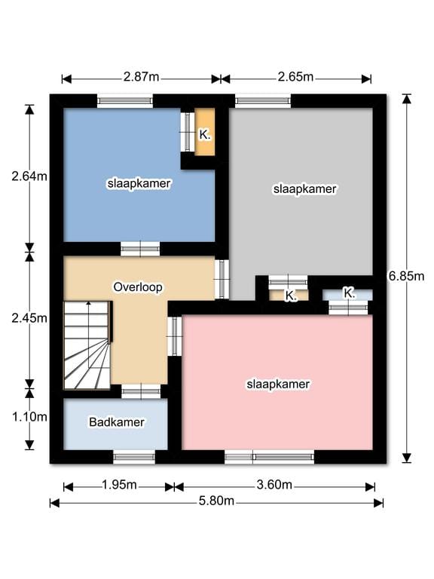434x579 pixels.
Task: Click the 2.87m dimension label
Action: [x=141, y=77]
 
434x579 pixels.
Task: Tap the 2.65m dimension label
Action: [x=295, y=77]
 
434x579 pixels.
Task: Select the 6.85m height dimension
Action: [x=406, y=276]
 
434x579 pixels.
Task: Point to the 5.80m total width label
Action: [x=216, y=501]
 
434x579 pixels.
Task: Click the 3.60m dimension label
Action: [x=274, y=485]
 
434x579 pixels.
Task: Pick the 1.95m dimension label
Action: [x=119, y=485]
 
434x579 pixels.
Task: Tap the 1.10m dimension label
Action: [x=29, y=417]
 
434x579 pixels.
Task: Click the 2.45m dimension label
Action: [x=29, y=318]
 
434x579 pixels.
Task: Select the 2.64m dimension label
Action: [x=29, y=176]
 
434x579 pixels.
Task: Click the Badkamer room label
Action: [x=117, y=422]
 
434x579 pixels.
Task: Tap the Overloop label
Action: [x=138, y=287]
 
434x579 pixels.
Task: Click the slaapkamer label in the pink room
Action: [x=278, y=384]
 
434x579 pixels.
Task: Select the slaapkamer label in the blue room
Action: [x=139, y=183]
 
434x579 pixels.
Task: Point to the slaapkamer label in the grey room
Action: [x=305, y=189]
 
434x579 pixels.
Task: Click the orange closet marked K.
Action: [x=205, y=132]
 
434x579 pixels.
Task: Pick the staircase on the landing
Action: [x=87, y=345]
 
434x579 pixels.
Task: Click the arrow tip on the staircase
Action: [x=89, y=302]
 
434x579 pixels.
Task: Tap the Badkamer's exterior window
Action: [x=134, y=457]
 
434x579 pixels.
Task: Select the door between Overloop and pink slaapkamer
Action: [x=175, y=336]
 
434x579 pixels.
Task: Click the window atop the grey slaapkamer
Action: [x=263, y=101]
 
